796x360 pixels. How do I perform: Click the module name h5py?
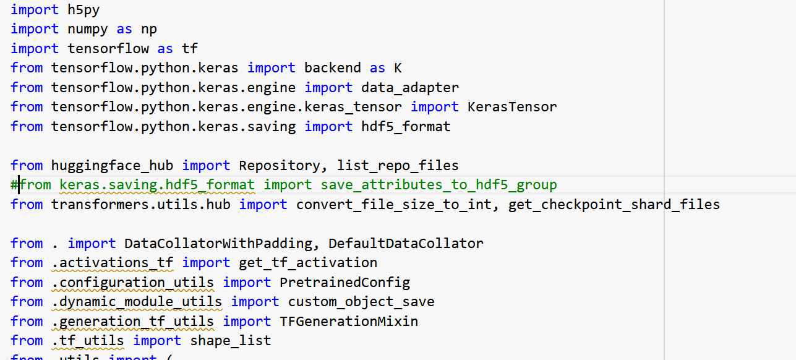(83, 9)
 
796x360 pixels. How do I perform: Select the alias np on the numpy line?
(148, 29)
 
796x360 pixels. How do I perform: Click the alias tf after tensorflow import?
(189, 48)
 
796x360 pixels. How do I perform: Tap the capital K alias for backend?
(398, 68)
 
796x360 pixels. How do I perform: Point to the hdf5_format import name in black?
(406, 126)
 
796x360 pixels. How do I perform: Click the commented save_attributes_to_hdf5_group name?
(439, 184)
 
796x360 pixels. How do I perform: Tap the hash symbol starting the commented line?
(14, 184)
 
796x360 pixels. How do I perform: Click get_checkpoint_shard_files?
(614, 204)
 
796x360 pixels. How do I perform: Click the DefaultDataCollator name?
(406, 243)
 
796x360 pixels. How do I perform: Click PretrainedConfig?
(345, 282)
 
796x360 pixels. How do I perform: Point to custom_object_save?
(361, 301)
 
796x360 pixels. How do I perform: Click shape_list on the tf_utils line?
(230, 340)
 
